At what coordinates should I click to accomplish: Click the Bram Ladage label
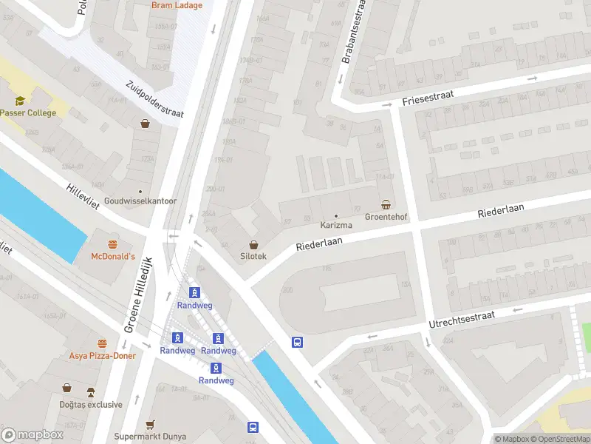coord(176,5)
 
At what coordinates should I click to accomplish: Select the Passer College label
coord(27,113)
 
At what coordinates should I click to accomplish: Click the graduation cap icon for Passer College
coord(20,100)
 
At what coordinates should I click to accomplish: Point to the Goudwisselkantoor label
coord(140,201)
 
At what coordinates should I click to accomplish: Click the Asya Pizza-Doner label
coord(102,357)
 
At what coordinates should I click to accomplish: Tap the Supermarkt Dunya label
coord(148,437)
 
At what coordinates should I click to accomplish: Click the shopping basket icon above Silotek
coord(254,243)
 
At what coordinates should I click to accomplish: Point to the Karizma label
coord(336,225)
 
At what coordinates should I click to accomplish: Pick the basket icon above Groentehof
coord(386,204)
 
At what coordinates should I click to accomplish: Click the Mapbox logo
coord(31,434)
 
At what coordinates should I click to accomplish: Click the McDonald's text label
coord(112,257)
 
